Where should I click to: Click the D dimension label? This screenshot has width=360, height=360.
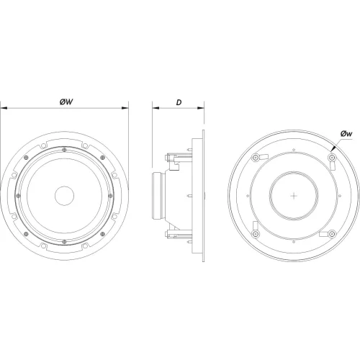(x=178, y=102)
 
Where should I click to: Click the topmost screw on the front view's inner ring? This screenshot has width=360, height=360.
(x=65, y=150)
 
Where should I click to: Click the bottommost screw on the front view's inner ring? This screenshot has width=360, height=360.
(x=65, y=240)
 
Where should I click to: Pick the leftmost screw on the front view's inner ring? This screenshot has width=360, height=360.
(x=19, y=194)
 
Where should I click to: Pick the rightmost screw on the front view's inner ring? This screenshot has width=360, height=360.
(x=110, y=194)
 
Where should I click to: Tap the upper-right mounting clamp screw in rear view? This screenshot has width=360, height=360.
(x=332, y=158)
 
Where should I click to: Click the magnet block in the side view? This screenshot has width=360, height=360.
(x=159, y=194)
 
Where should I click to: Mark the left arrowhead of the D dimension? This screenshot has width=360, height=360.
(x=153, y=109)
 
